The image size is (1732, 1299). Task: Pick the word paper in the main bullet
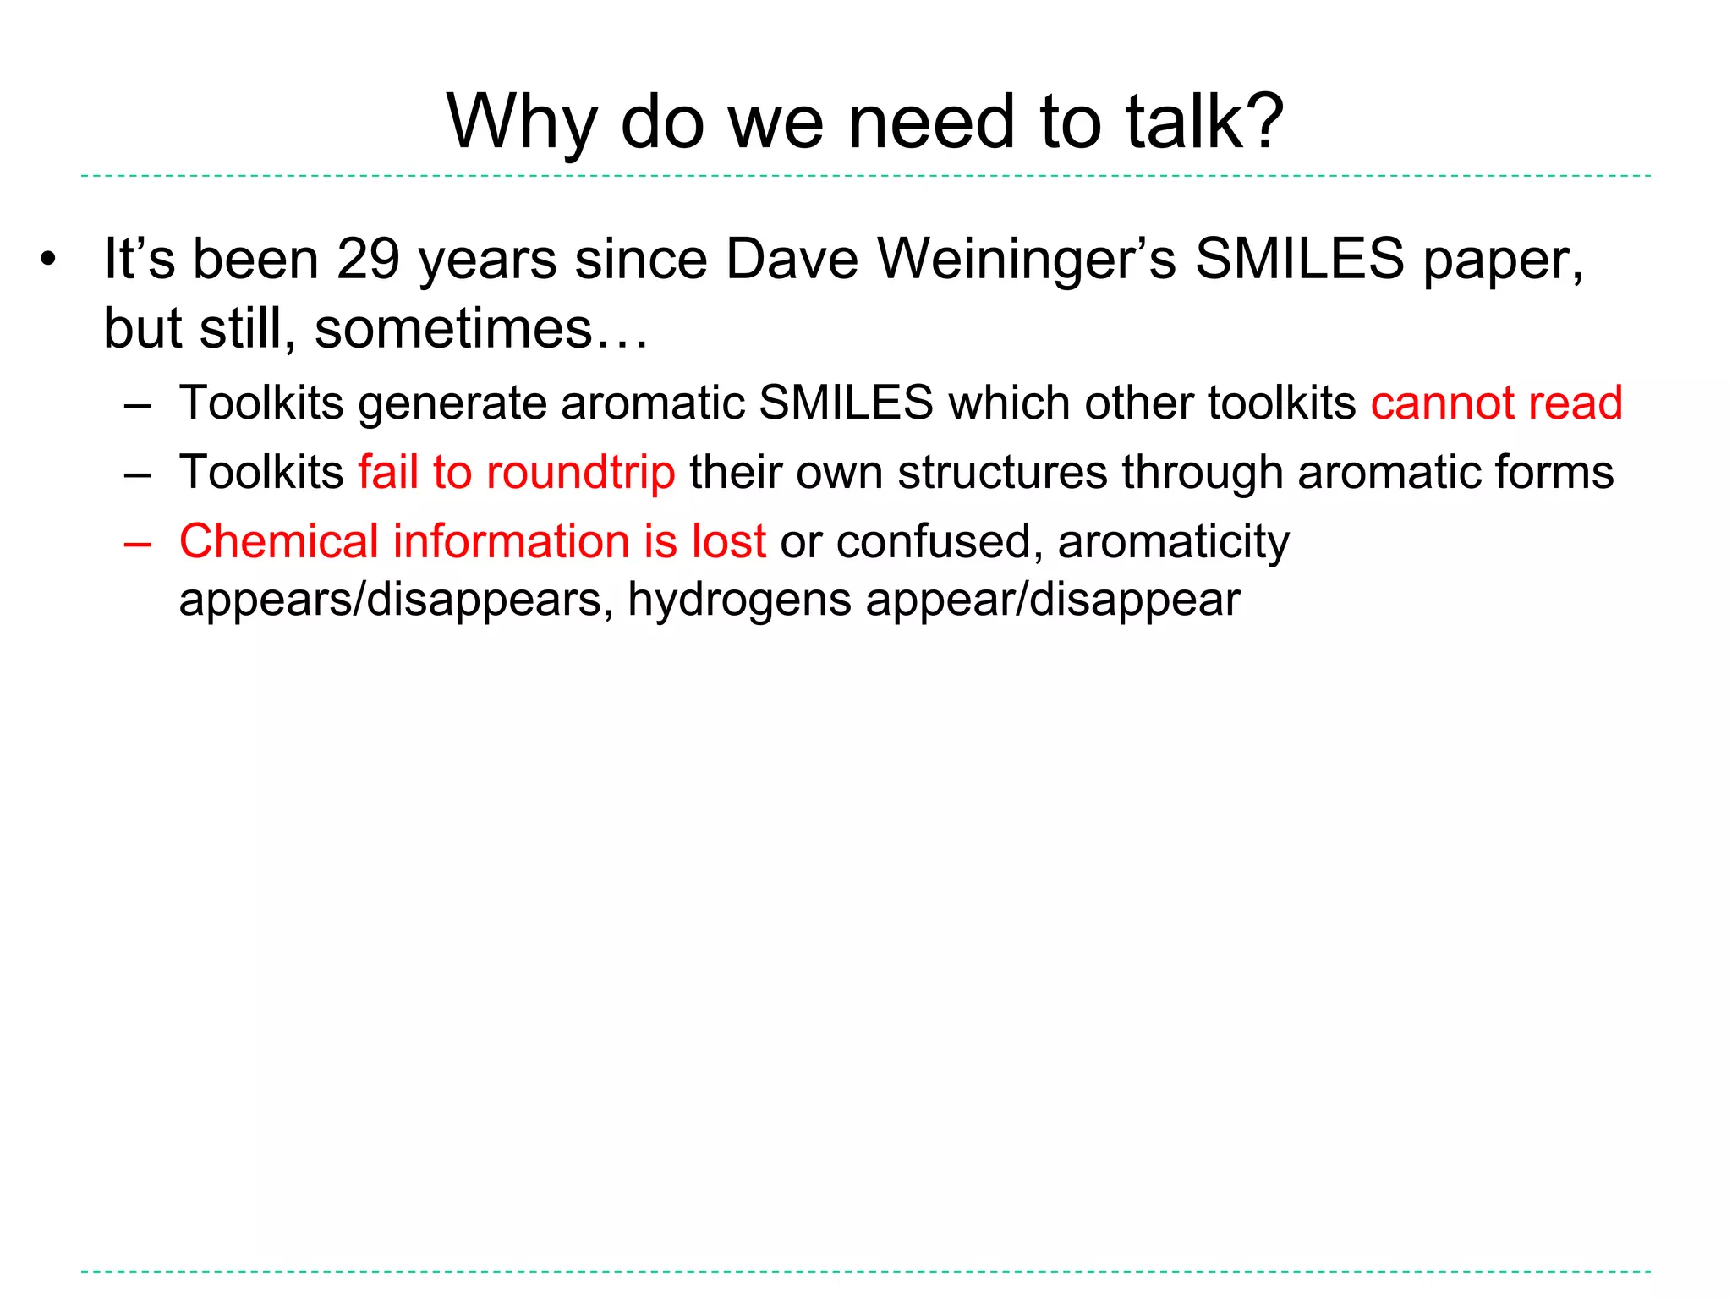tap(1503, 260)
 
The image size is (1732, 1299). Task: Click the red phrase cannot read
tap(1496, 403)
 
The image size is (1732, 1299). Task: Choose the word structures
tap(1002, 472)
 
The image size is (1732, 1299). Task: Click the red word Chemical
tap(278, 541)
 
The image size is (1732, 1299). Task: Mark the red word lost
tap(728, 541)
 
